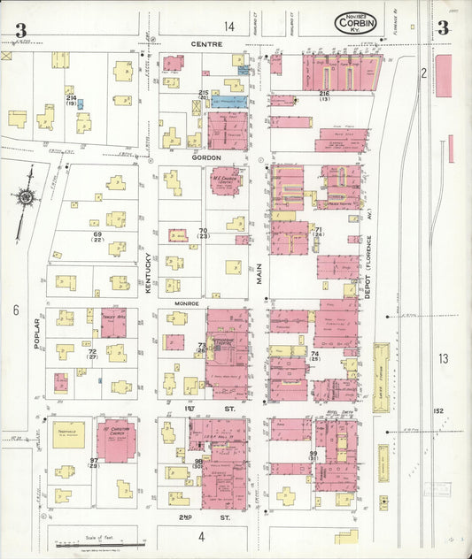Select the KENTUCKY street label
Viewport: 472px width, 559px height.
point(149,275)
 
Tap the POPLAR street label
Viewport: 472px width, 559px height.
point(37,333)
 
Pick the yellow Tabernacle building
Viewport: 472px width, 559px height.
point(68,433)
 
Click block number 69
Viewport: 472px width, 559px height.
point(86,235)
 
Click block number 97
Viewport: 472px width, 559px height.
point(93,461)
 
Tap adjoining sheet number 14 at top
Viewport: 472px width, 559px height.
point(229,27)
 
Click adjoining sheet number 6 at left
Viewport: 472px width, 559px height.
point(15,310)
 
